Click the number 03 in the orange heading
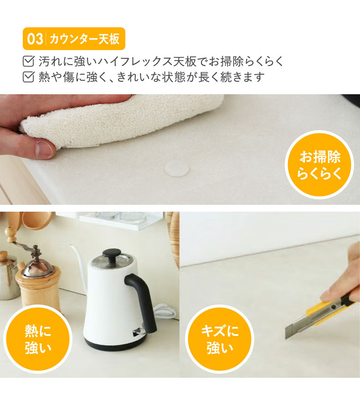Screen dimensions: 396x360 pyautogui.click(x=35, y=39)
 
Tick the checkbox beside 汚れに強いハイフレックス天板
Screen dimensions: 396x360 pyautogui.click(x=28, y=61)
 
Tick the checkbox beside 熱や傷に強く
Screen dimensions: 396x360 pyautogui.click(x=28, y=77)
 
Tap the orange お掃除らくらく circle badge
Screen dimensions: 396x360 pyautogui.click(x=319, y=165)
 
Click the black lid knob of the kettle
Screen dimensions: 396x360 pyautogui.click(x=111, y=254)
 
